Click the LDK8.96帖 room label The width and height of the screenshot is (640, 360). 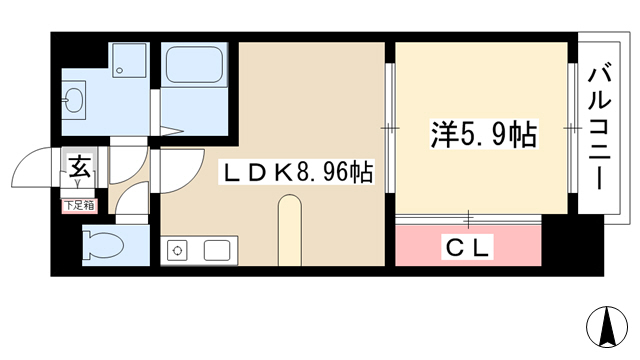tap(297, 173)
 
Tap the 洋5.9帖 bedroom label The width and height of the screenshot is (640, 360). tap(484, 134)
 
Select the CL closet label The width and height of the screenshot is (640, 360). tap(468, 247)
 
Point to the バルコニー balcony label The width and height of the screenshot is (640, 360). tap(599, 129)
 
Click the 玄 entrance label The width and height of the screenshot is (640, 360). tap(79, 166)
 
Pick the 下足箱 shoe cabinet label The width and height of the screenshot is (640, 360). tap(80, 205)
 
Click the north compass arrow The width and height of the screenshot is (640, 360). tap(607, 326)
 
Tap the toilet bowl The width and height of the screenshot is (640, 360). tap(103, 245)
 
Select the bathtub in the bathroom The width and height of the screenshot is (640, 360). tap(195, 64)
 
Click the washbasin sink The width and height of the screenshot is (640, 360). tap(74, 100)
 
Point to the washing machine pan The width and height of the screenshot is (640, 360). tap(129, 60)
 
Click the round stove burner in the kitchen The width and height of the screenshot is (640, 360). tap(178, 250)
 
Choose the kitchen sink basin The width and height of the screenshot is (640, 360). tap(217, 250)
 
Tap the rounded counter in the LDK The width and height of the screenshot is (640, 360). tap(290, 231)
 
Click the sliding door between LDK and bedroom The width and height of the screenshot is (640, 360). tap(389, 128)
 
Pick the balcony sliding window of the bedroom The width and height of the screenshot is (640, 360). tap(572, 128)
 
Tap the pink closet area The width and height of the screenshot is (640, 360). tap(468, 246)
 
